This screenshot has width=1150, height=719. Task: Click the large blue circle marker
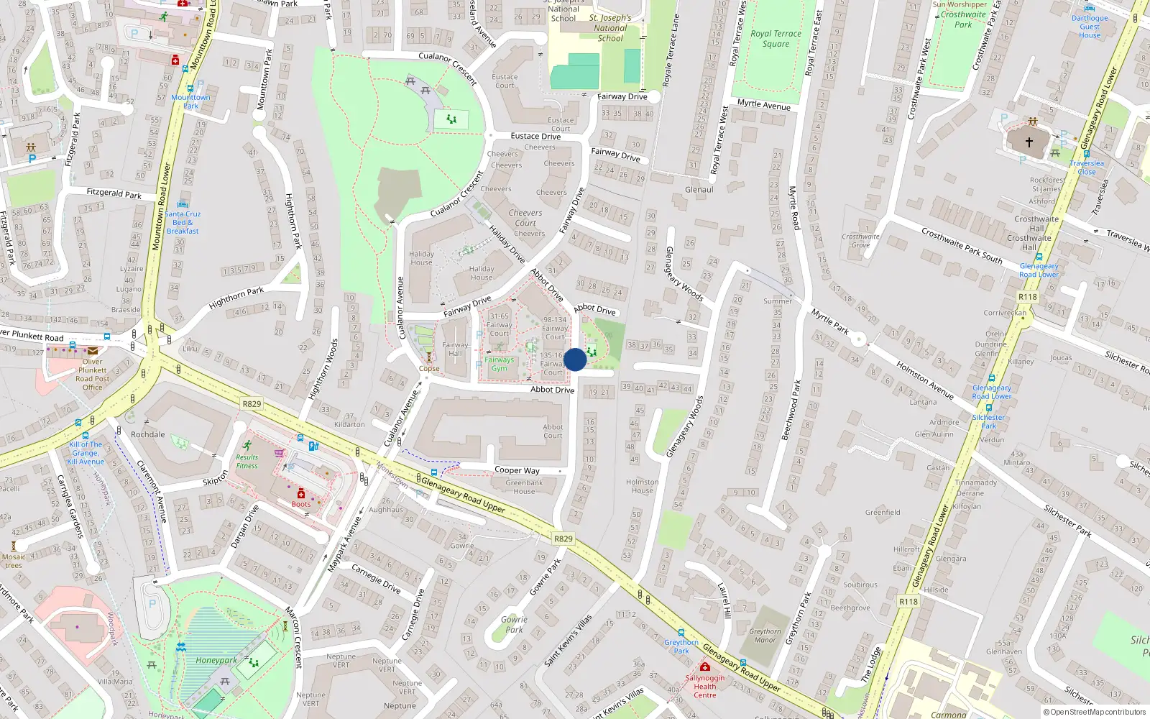[575, 359]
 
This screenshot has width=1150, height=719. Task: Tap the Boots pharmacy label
[301, 504]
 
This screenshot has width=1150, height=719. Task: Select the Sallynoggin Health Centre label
[704, 686]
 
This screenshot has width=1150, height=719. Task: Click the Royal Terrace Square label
[776, 39]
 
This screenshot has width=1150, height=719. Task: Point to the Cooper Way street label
[517, 470]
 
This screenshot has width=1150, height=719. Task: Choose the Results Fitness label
[247, 461]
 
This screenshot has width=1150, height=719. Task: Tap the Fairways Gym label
[499, 364]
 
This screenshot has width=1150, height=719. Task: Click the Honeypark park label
[216, 660]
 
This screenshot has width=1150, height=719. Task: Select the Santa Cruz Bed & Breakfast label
[183, 222]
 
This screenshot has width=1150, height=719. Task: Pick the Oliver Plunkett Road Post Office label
[92, 375]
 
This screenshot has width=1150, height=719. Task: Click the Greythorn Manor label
[765, 636]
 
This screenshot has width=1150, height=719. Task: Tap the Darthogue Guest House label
[1090, 27]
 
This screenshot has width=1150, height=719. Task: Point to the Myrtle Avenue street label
[763, 105]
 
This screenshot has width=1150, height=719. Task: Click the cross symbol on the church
[1029, 142]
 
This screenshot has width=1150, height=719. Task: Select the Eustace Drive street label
[535, 136]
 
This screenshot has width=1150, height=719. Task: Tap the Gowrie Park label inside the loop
[514, 624]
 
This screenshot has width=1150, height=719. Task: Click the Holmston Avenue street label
[924, 380]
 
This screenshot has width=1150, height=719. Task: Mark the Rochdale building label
[147, 434]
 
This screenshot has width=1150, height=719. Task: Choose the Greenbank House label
[524, 487]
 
